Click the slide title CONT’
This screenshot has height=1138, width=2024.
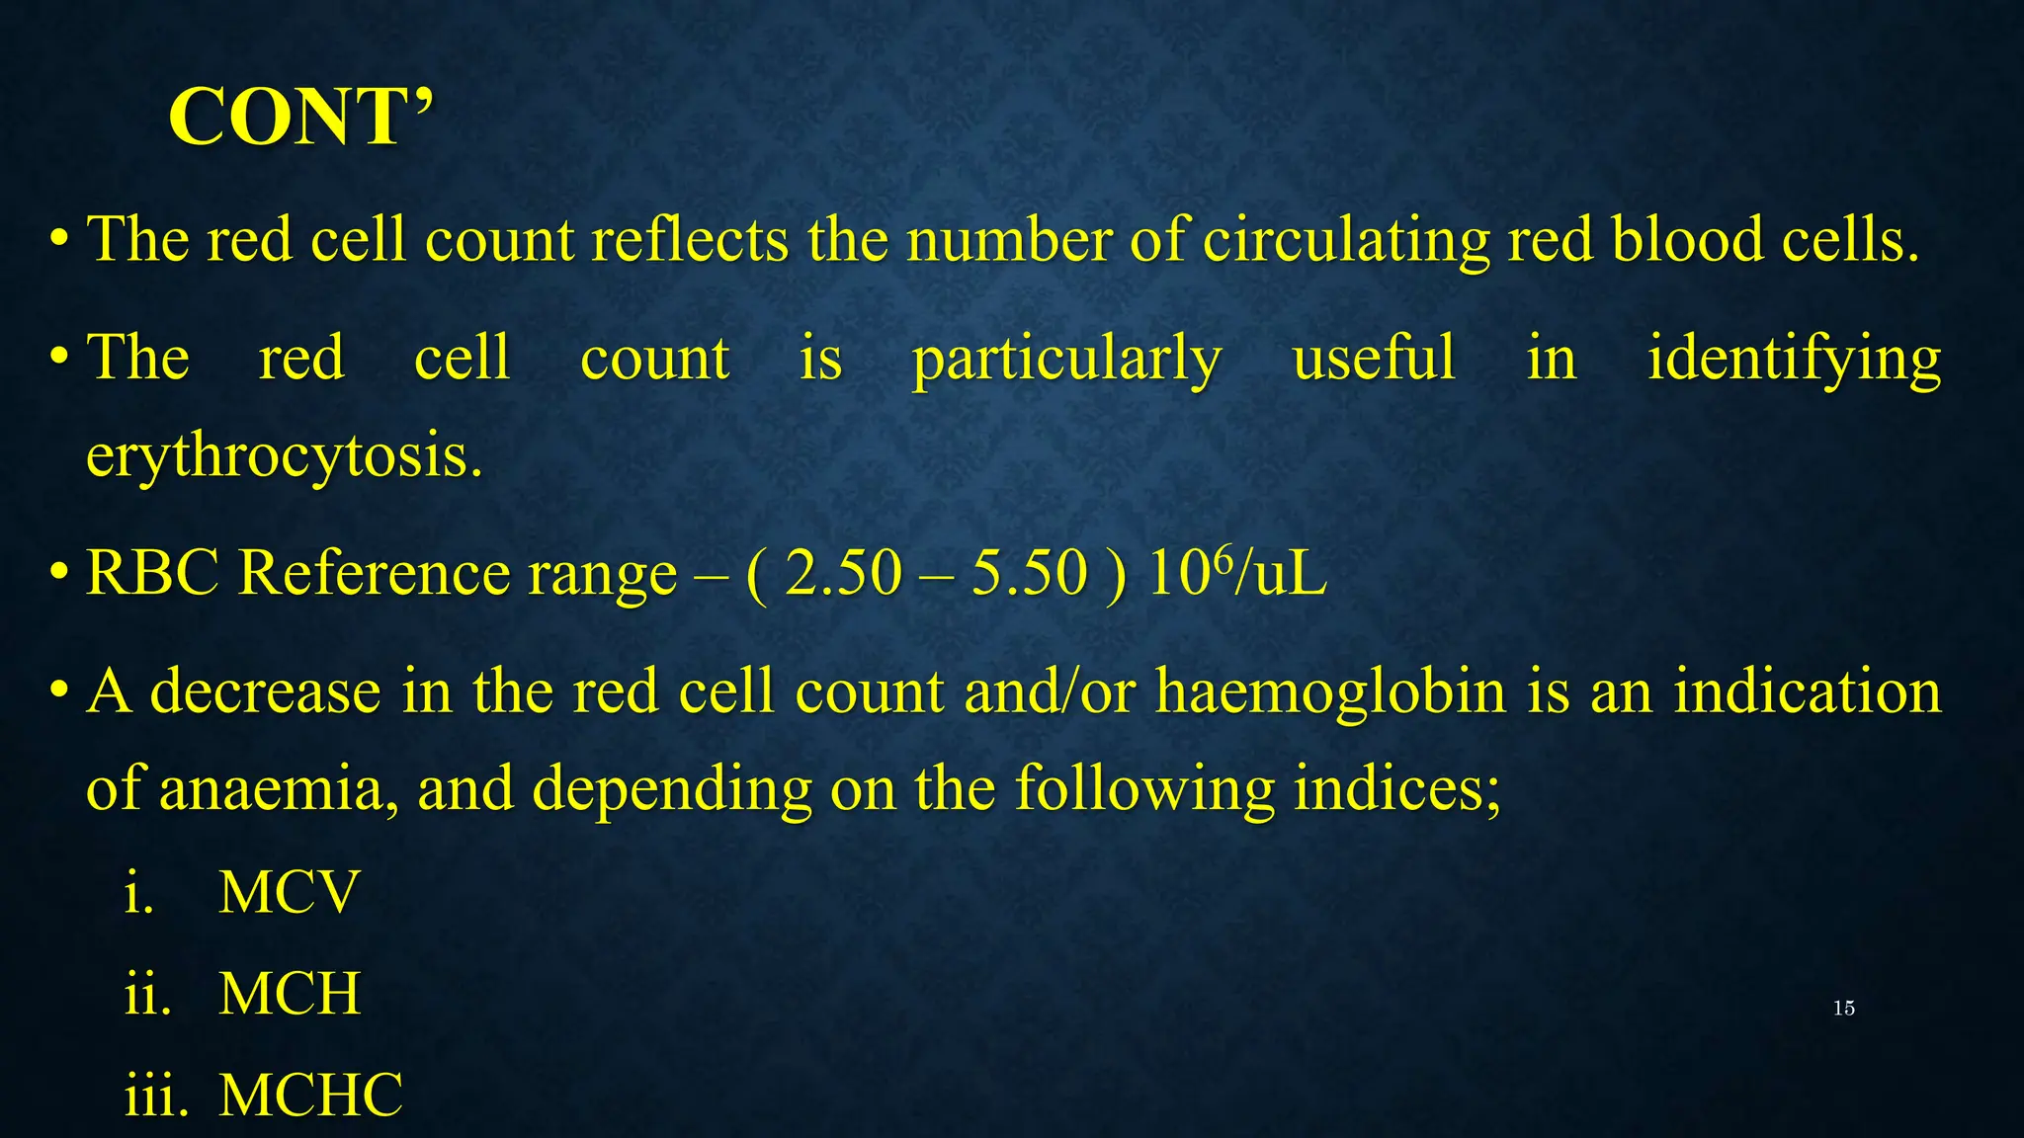click(300, 118)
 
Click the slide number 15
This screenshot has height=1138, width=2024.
click(1843, 1009)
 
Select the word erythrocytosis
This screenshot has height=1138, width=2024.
click(285, 456)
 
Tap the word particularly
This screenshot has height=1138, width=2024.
click(1066, 358)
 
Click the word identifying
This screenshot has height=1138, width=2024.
click(1794, 358)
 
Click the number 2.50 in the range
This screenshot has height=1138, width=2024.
click(843, 573)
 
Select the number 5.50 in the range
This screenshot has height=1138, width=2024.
click(1029, 573)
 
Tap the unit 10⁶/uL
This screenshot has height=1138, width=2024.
click(1237, 573)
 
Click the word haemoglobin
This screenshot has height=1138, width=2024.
click(1330, 691)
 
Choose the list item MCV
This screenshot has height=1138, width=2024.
click(289, 893)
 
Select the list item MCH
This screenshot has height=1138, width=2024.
click(290, 994)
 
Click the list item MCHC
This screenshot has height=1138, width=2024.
click(310, 1096)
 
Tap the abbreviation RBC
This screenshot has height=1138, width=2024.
click(152, 573)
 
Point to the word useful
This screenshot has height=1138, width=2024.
click(1374, 358)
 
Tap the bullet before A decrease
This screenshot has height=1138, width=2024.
click(59, 691)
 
